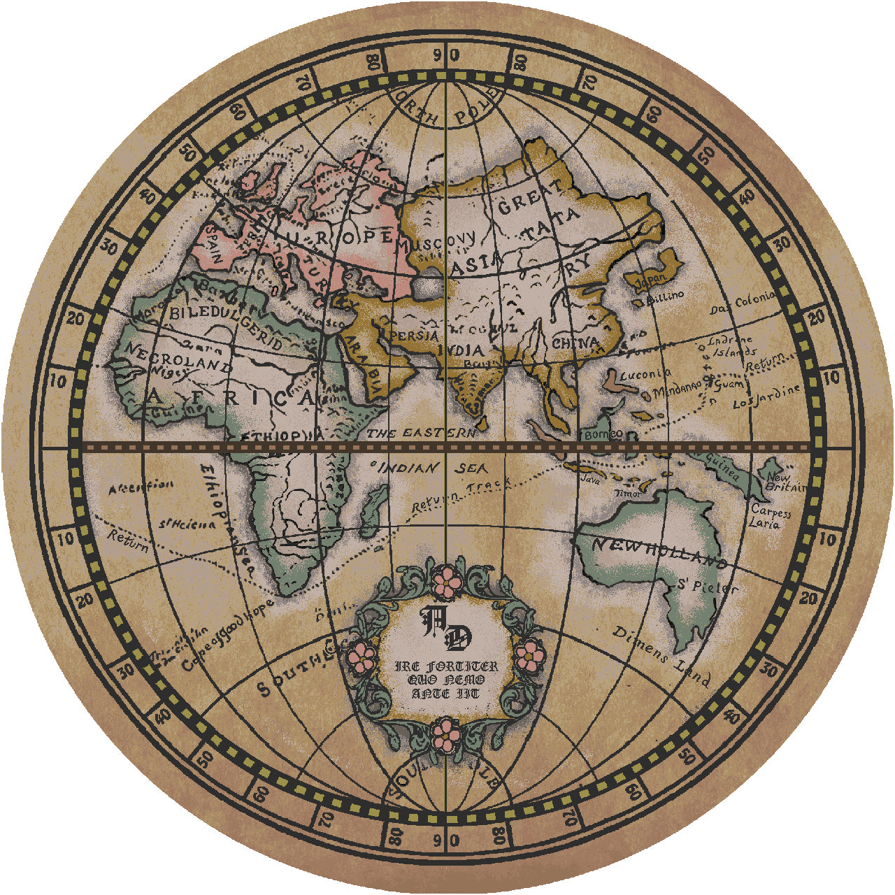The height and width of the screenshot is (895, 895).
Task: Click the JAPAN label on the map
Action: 652,279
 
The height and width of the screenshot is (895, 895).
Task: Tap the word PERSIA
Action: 413,336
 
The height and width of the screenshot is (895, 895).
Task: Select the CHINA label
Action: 575,344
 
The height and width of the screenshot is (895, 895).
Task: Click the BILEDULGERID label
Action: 226,327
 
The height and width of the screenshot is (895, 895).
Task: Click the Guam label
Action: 730,383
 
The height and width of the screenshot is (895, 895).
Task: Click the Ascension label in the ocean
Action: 140,487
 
